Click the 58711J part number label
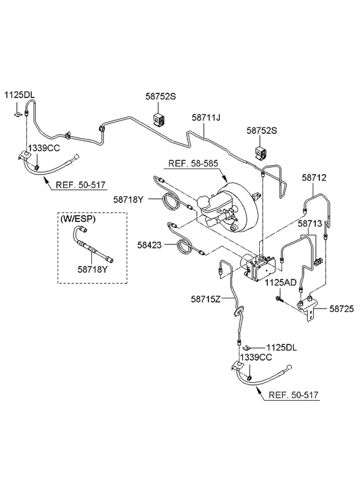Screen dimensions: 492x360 coord(206,118)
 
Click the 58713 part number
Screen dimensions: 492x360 coord(311,223)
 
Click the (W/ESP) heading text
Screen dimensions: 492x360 coord(79,219)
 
